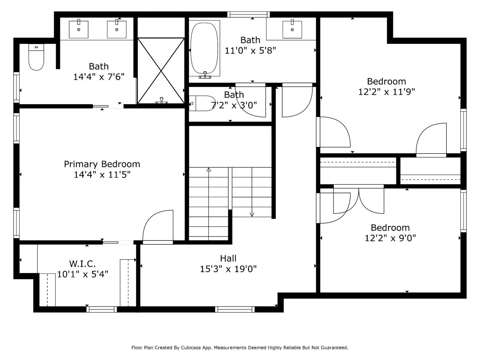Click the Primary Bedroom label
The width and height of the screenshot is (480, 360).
point(102,164)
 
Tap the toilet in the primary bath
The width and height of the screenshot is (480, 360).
point(36,57)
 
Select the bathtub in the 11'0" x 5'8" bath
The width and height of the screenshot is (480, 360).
point(204,49)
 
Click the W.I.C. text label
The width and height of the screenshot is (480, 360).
point(83,264)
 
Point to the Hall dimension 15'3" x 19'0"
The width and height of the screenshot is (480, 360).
point(228,269)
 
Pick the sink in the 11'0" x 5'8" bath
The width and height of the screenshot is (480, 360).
point(292,29)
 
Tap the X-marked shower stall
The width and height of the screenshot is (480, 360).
point(161,71)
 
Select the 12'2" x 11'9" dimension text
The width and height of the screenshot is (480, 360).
point(387,92)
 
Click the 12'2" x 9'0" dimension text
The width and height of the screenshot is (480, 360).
point(390,238)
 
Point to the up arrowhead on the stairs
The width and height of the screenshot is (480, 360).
point(209,169)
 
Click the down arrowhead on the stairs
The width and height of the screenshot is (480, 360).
point(252,215)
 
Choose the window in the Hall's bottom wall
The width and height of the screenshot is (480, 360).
point(235,309)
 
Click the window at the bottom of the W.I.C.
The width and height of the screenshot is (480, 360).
point(102,309)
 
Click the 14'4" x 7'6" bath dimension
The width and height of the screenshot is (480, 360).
point(99,77)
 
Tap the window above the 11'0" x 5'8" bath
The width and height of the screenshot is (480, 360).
point(248,14)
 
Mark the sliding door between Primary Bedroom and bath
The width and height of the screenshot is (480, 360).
point(108,107)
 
